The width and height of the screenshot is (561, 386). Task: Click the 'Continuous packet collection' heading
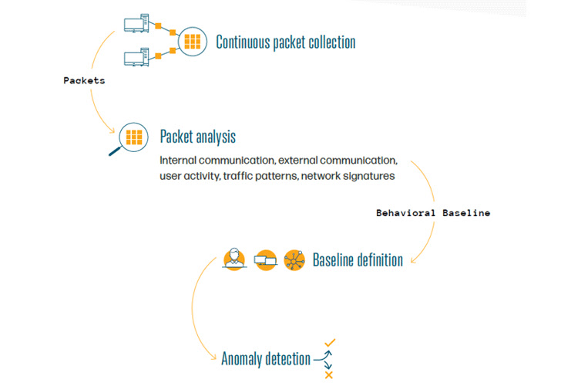(285, 42)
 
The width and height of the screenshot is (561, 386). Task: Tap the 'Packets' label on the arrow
(83, 80)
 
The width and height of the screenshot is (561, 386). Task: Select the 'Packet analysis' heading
(197, 137)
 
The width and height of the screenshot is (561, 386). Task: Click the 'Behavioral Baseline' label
(433, 212)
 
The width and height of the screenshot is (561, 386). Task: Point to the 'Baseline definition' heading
(358, 259)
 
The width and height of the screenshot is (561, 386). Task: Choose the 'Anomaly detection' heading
(266, 358)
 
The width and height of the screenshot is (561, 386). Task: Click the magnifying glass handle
(115, 150)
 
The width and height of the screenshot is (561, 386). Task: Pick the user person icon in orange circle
(233, 259)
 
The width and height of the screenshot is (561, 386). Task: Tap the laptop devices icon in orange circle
(264, 259)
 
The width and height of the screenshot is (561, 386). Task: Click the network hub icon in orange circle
(294, 259)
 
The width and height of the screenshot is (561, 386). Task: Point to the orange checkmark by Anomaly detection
(330, 342)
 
